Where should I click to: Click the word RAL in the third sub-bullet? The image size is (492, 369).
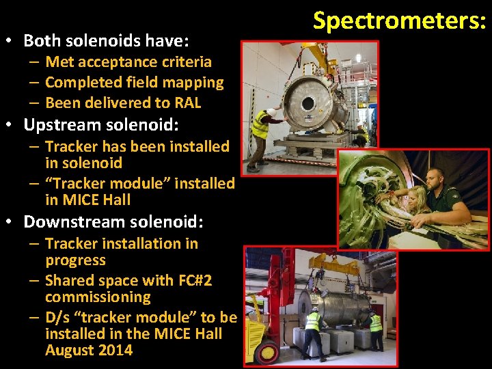(x=187, y=102)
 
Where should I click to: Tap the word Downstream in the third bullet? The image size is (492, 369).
(x=75, y=222)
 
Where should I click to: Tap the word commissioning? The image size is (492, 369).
(x=98, y=297)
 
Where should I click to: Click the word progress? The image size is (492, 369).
(x=75, y=260)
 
